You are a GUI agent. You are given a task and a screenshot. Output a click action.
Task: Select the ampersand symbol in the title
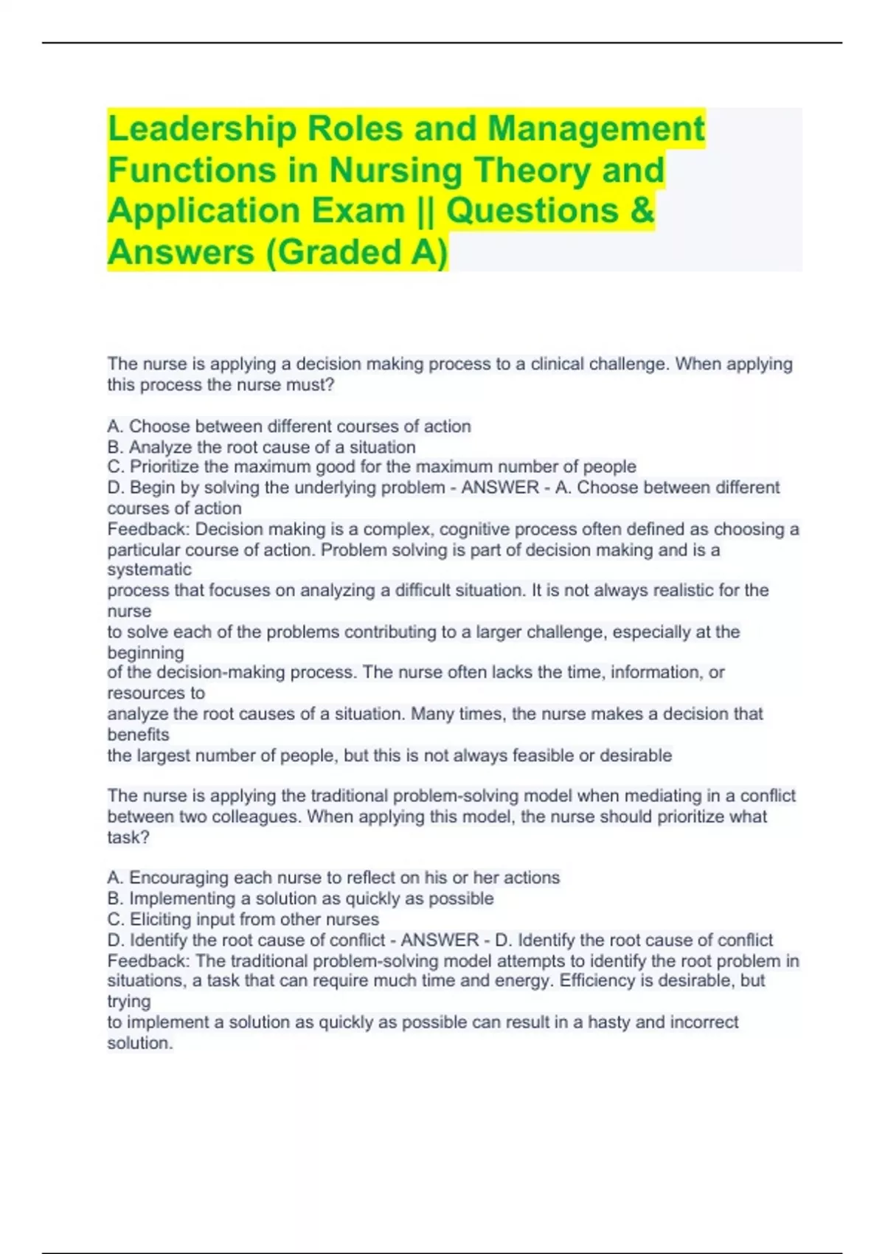(642, 210)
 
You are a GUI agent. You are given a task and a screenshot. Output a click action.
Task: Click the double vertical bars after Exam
(426, 210)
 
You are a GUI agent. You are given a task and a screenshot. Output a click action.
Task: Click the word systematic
(149, 569)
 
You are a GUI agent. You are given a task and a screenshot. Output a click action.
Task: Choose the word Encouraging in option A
(178, 878)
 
